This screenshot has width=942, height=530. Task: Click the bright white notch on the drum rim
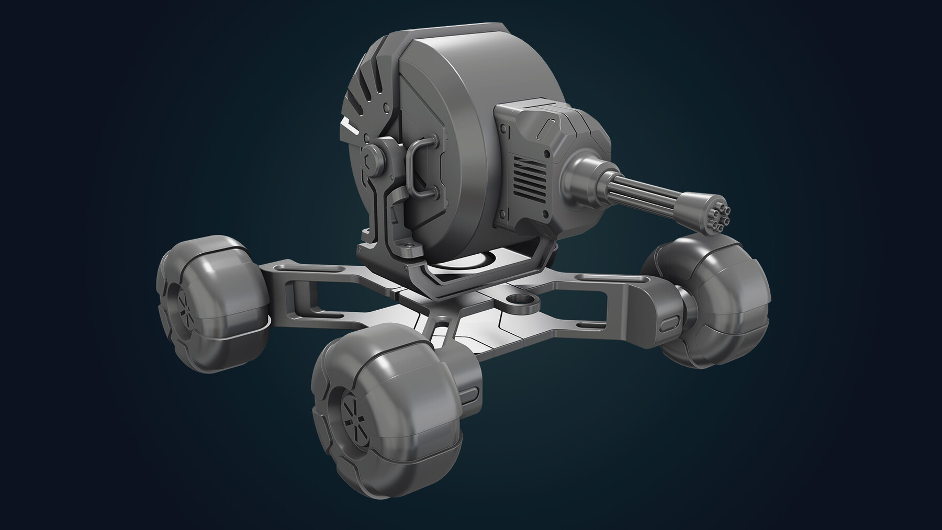[x=350, y=126]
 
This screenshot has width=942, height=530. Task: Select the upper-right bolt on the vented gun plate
[x=547, y=155]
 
